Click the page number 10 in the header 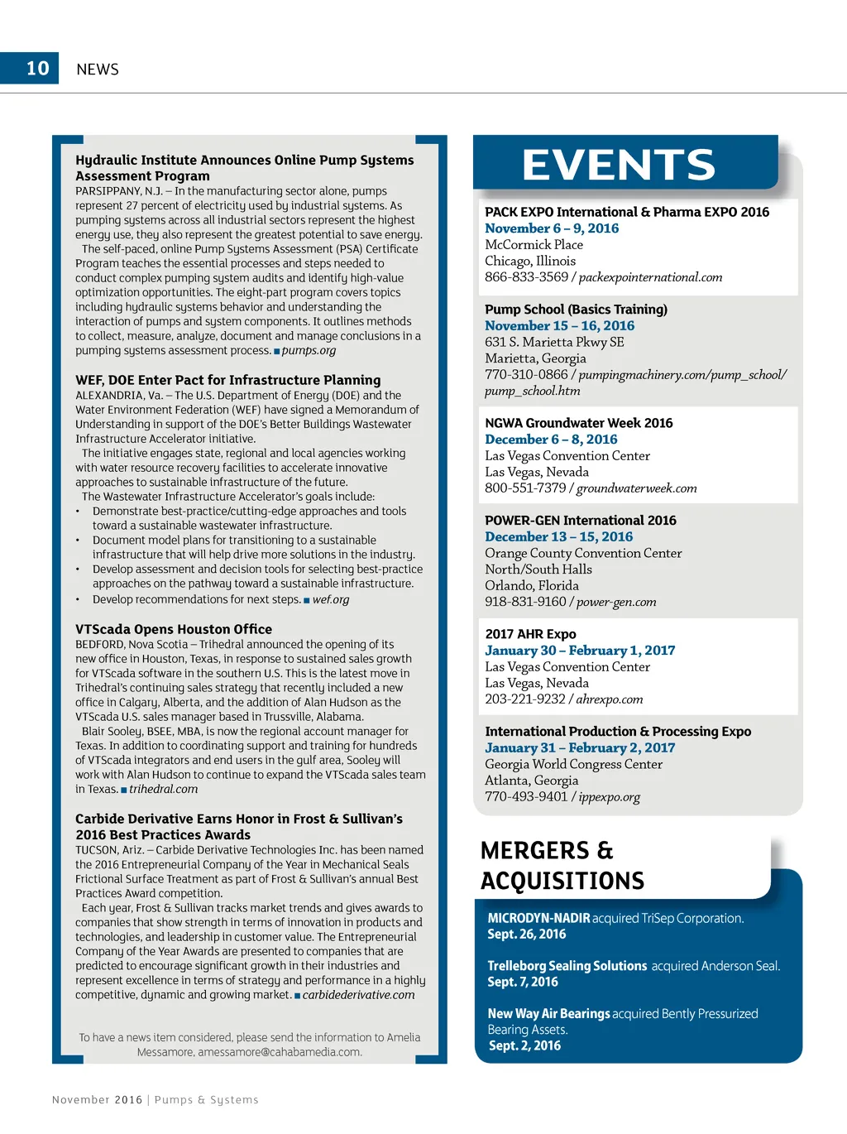[38, 69]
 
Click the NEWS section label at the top [98, 70]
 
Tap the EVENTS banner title [618, 165]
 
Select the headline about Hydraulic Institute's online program [244, 168]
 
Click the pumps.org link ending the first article [309, 350]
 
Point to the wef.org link [331, 599]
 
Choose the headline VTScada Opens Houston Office [174, 629]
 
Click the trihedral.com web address [164, 789]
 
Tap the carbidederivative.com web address [358, 995]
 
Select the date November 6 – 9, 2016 [552, 228]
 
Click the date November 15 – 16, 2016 [559, 326]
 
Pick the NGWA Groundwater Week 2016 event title [578, 423]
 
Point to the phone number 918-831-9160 [525, 602]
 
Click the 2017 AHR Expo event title [530, 634]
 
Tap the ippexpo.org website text [610, 797]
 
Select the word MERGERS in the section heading [535, 851]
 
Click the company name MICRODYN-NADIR [538, 918]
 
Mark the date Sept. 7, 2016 [523, 982]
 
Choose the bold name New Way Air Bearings [548, 1014]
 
